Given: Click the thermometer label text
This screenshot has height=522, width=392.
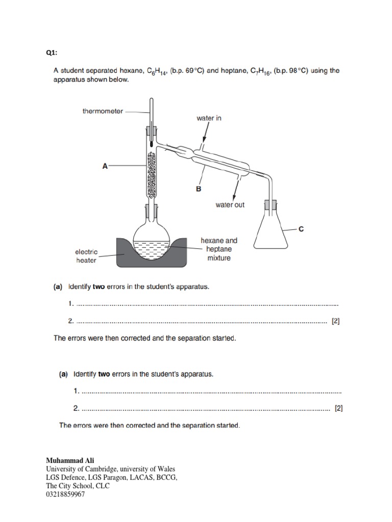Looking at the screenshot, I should [x=103, y=111].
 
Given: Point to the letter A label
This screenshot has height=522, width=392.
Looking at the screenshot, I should [x=105, y=166].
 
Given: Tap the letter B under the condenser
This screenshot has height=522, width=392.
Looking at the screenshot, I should [x=199, y=189].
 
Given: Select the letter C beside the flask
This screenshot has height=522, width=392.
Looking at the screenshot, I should [x=301, y=229].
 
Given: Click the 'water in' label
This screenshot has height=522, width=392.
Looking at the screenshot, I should [x=209, y=118].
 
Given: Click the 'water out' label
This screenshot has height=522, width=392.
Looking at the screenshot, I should [x=230, y=205].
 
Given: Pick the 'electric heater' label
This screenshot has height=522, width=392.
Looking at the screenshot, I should [x=86, y=256].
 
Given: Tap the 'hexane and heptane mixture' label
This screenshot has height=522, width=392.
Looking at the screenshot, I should [x=218, y=249].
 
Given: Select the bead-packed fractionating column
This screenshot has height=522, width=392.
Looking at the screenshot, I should [x=152, y=174].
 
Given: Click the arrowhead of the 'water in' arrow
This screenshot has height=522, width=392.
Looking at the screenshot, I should [x=204, y=141].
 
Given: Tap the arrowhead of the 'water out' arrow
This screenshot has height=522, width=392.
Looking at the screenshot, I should [x=234, y=197].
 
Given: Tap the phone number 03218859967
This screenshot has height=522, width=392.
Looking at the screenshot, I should [x=65, y=494].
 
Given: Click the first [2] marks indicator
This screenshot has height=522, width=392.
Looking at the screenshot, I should [x=335, y=321].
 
